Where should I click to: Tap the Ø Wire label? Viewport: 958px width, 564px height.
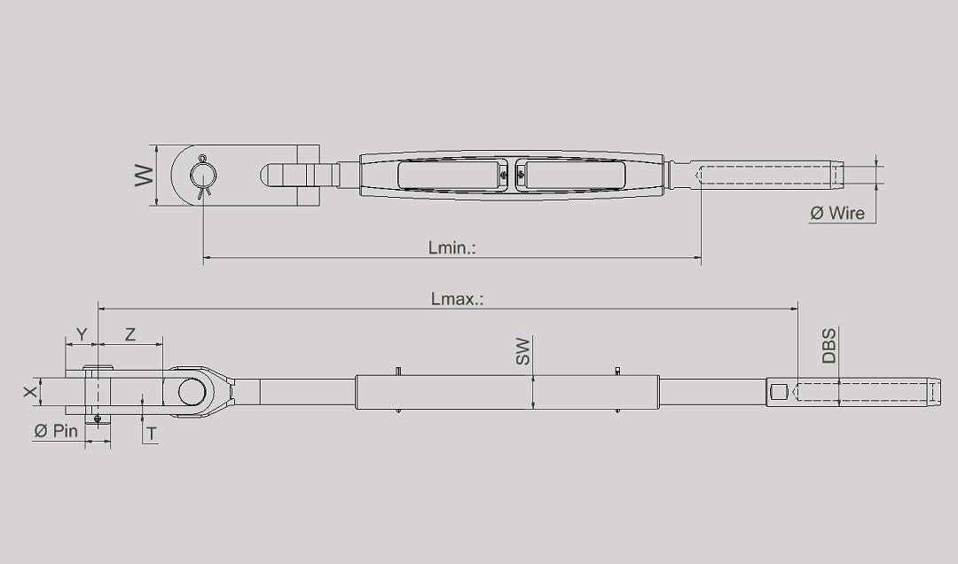837,213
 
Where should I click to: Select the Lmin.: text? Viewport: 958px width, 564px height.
452,247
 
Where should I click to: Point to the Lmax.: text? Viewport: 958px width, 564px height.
457,299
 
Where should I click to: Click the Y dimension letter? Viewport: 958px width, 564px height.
82,334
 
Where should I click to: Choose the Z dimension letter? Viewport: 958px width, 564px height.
130,334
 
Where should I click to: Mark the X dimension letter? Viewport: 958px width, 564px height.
30,391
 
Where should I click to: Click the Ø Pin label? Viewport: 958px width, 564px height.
56,431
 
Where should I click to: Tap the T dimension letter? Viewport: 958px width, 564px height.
152,434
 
